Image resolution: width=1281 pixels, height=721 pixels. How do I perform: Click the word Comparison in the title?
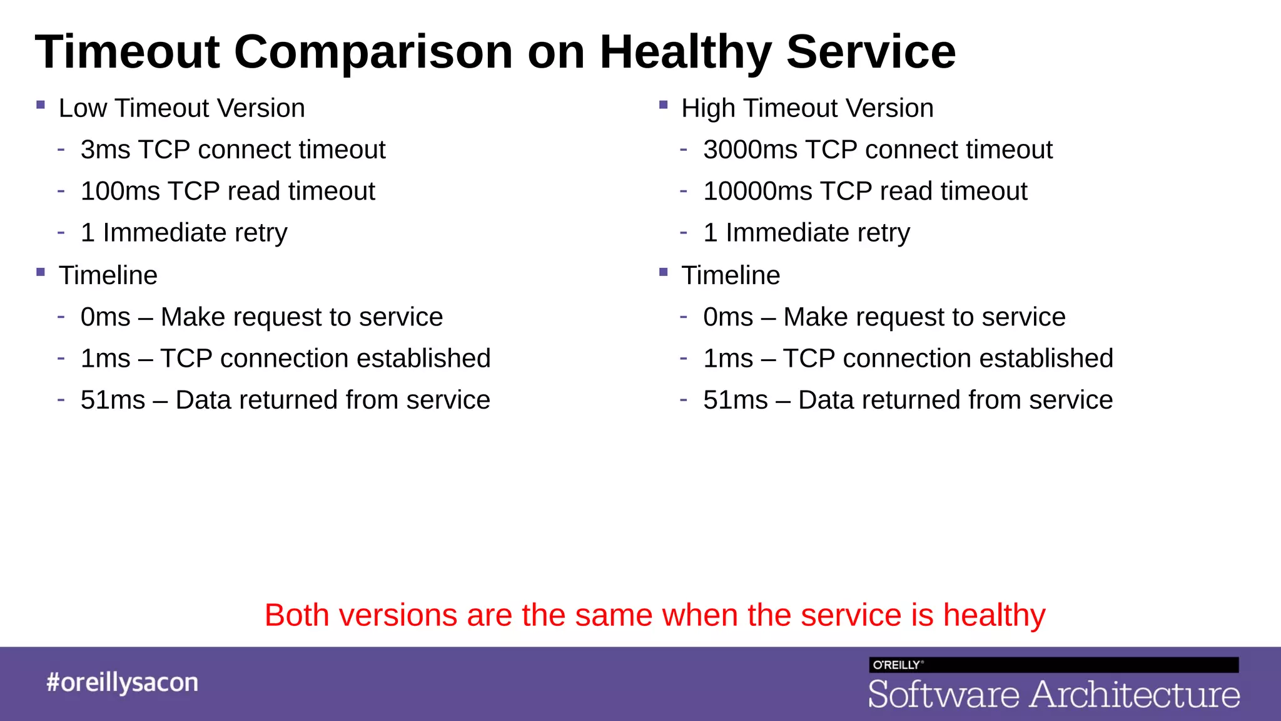pyautogui.click(x=373, y=53)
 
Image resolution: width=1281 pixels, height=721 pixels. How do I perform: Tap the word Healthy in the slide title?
pyautogui.click(x=686, y=53)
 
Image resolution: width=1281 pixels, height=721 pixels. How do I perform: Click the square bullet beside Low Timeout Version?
pyautogui.click(x=41, y=105)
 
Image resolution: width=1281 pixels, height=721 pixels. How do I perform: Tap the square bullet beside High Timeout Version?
pyautogui.click(x=664, y=105)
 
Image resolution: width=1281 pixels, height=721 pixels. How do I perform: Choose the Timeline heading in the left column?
pyautogui.click(x=108, y=276)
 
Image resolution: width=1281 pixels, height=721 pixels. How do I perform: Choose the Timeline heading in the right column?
pyautogui.click(x=731, y=276)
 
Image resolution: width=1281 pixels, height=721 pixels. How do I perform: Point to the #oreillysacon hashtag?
pyautogui.click(x=122, y=683)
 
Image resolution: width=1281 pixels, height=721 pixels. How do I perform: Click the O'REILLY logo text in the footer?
pyautogui.click(x=896, y=665)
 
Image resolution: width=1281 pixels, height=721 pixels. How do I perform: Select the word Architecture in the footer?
pyautogui.click(x=1135, y=695)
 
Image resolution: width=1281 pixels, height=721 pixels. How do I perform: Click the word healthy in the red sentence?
pyautogui.click(x=994, y=616)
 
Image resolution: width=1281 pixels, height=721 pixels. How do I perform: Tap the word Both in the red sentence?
pyautogui.click(x=296, y=616)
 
